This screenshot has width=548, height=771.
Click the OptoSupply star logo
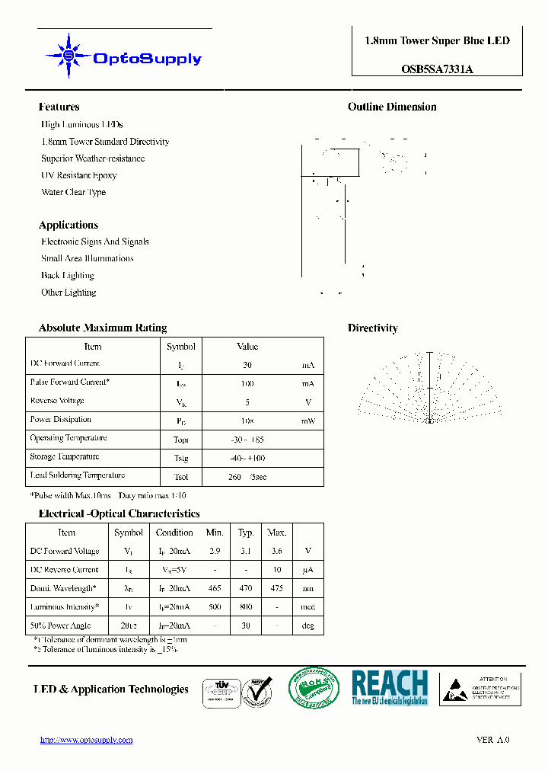(68, 56)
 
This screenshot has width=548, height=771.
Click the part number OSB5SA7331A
(437, 69)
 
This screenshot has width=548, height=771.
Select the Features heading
(59, 107)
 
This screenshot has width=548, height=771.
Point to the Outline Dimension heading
(392, 107)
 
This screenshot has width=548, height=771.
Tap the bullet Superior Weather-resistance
(93, 158)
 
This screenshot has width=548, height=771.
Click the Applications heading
(68, 225)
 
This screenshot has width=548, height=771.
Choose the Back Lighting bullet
(68, 276)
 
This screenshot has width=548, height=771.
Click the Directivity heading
(373, 328)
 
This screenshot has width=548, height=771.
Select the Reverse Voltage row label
(57, 401)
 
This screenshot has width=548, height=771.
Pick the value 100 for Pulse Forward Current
(247, 383)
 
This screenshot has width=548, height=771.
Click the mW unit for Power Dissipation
(307, 421)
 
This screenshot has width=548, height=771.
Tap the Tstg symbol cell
(181, 458)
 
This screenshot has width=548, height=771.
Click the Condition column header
(174, 533)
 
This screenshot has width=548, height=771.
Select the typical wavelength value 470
(246, 589)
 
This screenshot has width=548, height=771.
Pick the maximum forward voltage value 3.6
(276, 551)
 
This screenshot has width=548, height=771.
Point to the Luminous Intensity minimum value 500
(215, 607)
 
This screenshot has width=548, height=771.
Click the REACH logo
(390, 687)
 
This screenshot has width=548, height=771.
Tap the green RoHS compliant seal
(314, 689)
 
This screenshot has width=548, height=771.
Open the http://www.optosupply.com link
(86, 740)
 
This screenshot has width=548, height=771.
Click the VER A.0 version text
(492, 740)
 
